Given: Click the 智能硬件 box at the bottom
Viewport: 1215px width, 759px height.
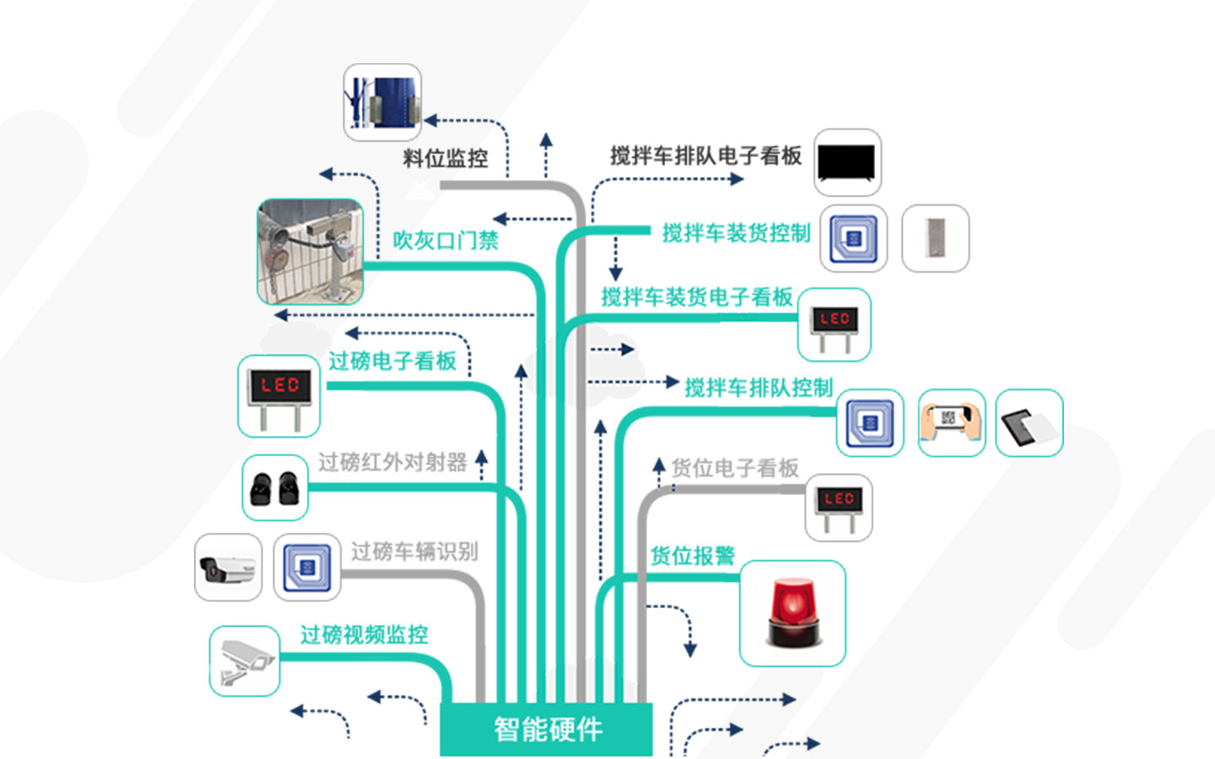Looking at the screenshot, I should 547,729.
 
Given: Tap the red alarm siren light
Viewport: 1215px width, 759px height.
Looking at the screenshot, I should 792,613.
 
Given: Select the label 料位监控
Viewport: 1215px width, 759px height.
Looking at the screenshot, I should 445,159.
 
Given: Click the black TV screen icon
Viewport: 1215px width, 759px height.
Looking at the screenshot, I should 847,163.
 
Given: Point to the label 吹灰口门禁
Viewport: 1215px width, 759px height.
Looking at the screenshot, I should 445,240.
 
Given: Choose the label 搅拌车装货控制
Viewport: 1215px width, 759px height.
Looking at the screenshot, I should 736,234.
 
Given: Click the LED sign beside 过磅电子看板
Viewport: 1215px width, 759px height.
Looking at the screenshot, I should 279,396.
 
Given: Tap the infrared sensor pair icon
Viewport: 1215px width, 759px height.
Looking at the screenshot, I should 275,487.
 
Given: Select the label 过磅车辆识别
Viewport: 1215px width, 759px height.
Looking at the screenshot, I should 414,552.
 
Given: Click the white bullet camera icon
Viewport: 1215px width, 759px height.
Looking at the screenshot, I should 228,568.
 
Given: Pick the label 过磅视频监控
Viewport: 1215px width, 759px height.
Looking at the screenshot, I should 364,634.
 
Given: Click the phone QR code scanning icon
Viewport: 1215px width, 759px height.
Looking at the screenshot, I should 951,423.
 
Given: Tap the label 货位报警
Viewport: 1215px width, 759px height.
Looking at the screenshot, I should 693,556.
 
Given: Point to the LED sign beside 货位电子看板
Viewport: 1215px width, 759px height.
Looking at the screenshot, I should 839,507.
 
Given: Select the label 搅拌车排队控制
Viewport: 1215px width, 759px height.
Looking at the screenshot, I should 759,388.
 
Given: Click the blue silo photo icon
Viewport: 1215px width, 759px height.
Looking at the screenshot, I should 382,102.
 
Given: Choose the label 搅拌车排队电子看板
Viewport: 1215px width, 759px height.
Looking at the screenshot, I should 705,156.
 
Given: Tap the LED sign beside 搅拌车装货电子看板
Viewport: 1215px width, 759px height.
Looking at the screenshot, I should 834,325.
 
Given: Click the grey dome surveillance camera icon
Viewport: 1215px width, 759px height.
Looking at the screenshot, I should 244,660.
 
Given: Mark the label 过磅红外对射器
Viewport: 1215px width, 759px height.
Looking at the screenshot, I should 392,462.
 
